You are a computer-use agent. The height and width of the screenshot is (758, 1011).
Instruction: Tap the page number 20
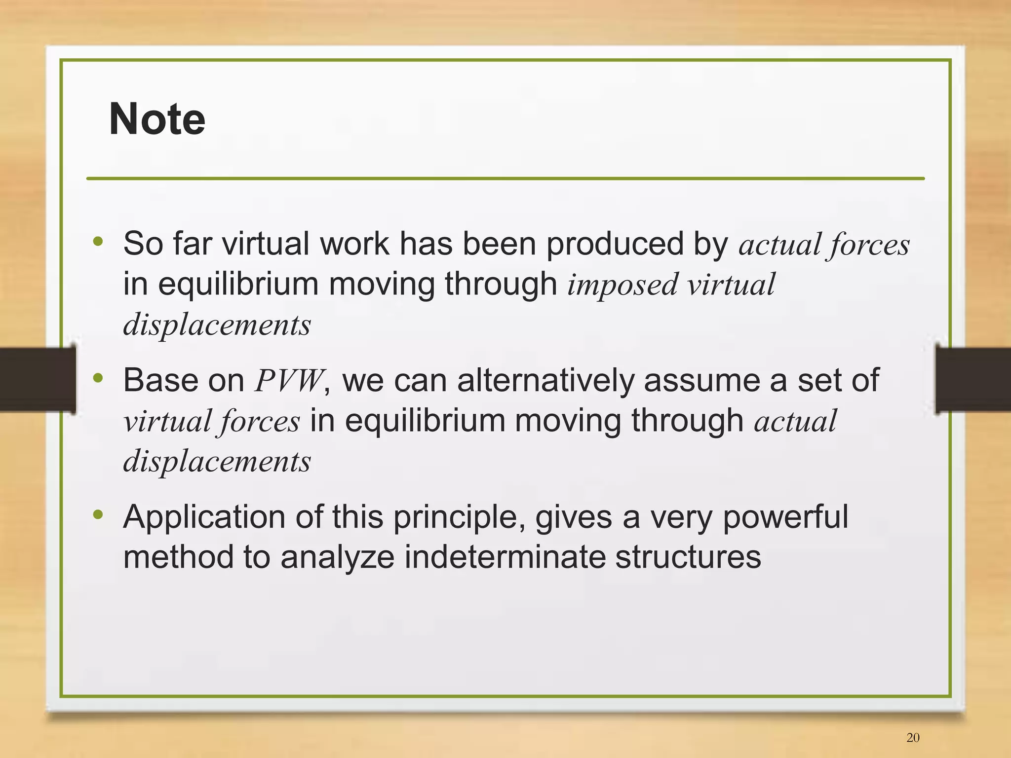click(x=913, y=737)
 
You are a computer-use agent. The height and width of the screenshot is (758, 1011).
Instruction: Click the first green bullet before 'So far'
click(x=98, y=242)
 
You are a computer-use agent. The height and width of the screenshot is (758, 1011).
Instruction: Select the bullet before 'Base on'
click(x=98, y=378)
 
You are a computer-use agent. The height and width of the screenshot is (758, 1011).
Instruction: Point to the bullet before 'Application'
click(x=98, y=515)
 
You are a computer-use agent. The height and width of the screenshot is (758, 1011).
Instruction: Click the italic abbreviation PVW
click(x=289, y=381)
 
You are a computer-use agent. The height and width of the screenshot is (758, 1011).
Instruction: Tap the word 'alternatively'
click(x=545, y=381)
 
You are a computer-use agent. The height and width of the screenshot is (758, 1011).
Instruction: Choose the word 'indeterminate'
click(x=505, y=557)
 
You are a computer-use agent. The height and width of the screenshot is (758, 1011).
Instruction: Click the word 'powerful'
click(x=785, y=517)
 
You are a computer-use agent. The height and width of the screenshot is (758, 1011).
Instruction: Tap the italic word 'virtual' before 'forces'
click(x=167, y=422)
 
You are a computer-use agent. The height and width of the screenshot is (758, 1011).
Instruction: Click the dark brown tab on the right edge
click(x=972, y=379)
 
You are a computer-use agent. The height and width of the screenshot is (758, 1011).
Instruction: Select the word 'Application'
click(x=204, y=517)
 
